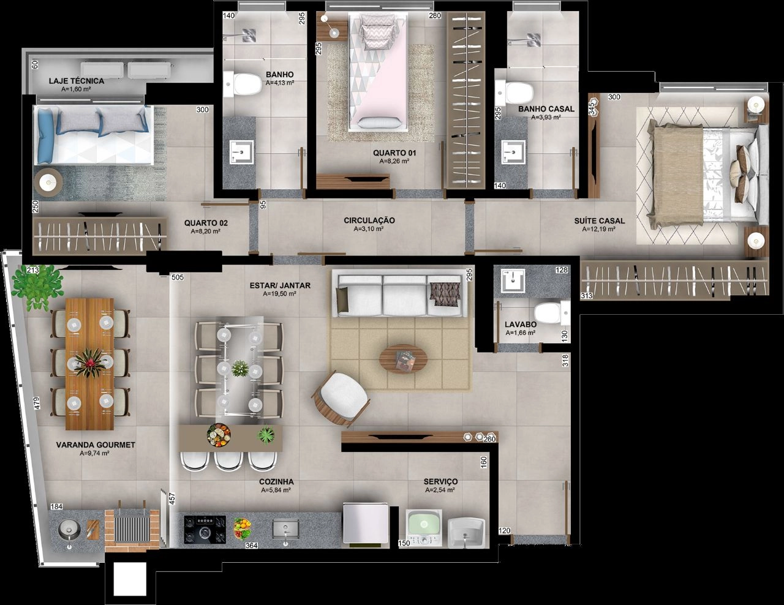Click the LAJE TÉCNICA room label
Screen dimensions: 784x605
(77, 81)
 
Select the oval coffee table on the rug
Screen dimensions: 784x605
(404, 359)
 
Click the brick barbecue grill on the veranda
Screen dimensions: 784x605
(132, 529)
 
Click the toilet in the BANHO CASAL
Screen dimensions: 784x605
(514, 92)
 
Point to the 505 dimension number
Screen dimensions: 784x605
(178, 277)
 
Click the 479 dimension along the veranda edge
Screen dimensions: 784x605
(37, 403)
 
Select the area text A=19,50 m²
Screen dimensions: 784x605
(280, 294)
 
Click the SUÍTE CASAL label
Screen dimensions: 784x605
(600, 220)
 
